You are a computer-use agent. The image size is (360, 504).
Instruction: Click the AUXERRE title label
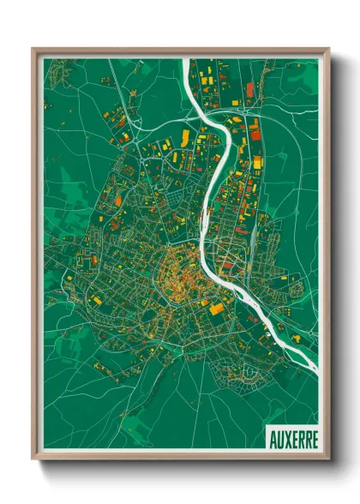coord(292,438)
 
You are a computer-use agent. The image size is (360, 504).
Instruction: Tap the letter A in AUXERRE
coord(272,438)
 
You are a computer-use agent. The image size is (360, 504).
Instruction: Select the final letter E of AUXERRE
coord(314,438)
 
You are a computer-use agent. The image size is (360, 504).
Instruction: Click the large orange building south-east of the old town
coord(218,308)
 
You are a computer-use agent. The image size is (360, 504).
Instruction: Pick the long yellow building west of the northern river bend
coord(184,138)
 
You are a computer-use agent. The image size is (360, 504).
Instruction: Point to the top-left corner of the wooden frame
coord(34,50)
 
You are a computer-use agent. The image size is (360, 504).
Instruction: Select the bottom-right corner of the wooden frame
coord(328,458)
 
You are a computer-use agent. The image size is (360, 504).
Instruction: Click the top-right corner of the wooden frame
coord(328,50)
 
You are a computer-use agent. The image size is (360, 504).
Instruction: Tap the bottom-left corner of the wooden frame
coord(34,458)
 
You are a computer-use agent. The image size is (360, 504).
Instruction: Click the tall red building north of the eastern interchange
coord(250,89)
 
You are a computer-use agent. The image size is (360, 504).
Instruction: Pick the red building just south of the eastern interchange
coord(255,129)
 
